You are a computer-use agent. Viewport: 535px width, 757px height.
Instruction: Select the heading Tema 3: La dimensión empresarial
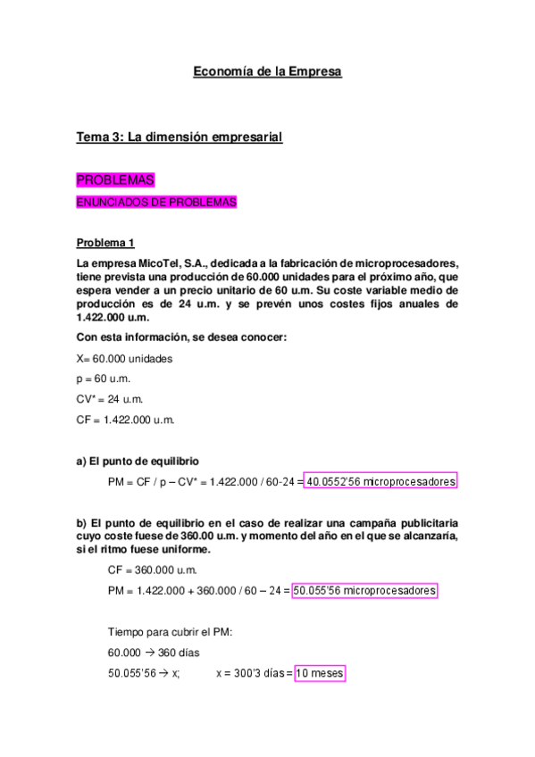pos(180,137)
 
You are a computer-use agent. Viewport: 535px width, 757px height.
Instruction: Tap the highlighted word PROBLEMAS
pos(115,179)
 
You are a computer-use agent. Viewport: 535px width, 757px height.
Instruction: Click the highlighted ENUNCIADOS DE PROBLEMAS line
pos(156,203)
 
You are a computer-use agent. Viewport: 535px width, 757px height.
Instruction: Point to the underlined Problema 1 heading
pos(105,243)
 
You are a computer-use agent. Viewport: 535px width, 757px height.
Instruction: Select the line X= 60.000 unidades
pos(124,358)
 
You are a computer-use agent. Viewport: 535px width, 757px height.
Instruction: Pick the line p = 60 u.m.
pos(104,378)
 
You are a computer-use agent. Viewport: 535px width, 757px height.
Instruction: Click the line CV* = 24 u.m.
pos(110,399)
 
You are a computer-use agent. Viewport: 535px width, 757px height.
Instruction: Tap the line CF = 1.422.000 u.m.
pos(126,420)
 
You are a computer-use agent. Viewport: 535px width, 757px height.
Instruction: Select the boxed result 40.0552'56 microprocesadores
pos(380,481)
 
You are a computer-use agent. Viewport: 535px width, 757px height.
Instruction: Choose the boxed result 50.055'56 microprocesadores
pos(365,591)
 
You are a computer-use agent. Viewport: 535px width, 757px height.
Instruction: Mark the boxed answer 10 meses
pos(319,673)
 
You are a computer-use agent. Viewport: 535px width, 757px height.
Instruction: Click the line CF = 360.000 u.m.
pos(152,570)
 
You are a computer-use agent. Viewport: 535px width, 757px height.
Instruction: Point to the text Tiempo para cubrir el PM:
pos(170,631)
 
